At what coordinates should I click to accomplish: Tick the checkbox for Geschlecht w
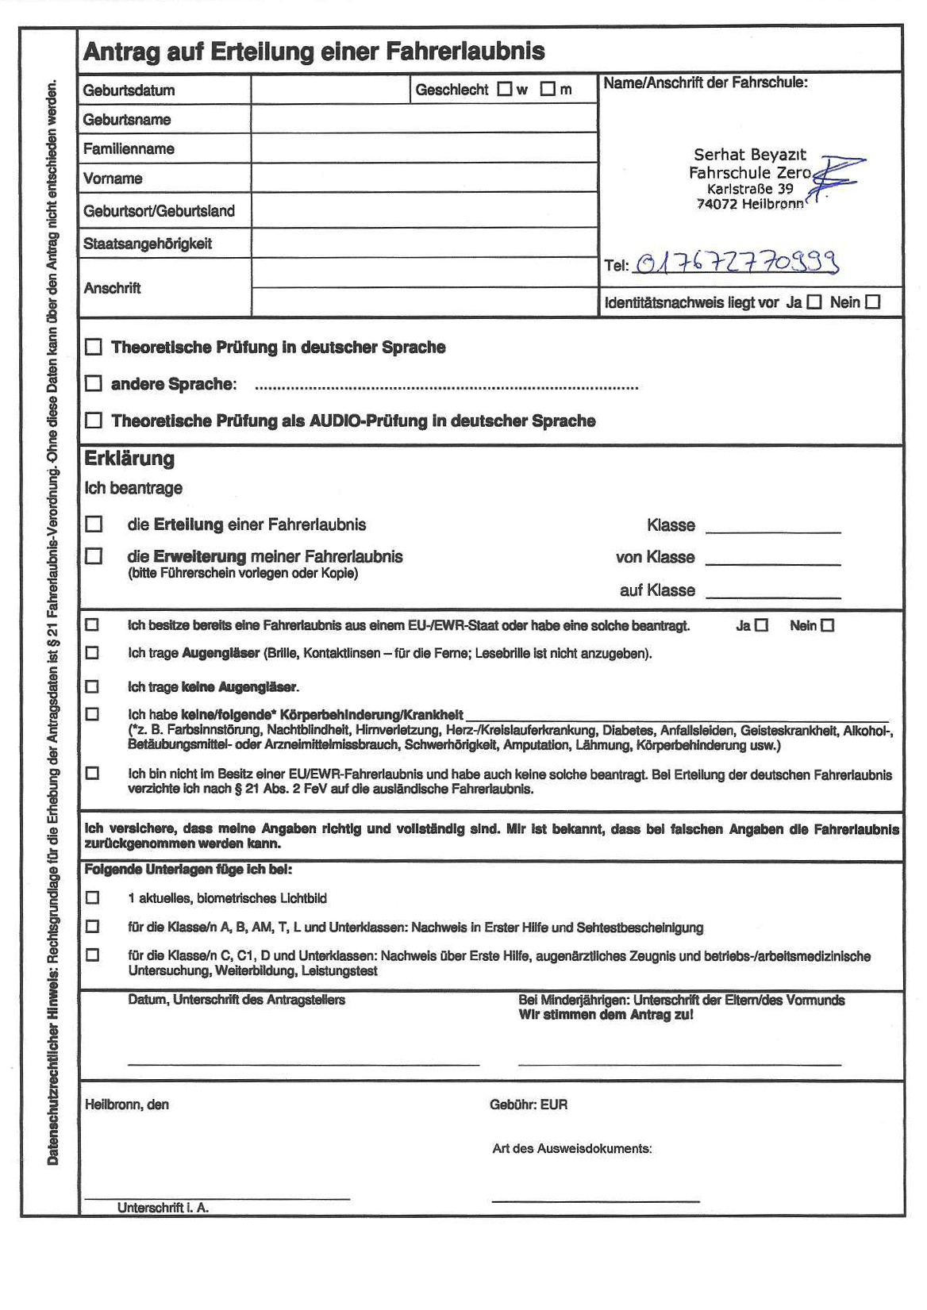coord(505,89)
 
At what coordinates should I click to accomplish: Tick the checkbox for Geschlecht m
coord(548,89)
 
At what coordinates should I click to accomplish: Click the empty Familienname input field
coord(424,148)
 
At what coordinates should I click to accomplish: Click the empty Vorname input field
coord(424,178)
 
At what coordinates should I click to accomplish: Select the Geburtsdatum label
coord(129,90)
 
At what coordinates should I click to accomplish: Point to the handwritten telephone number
coord(737,263)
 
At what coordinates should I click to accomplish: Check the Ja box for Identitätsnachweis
coord(814,302)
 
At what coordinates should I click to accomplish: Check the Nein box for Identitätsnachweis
coord(873,302)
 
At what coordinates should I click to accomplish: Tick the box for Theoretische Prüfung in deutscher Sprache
coord(94,347)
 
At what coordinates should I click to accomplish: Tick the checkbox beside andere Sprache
coord(94,384)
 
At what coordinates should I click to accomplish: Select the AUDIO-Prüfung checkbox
coord(94,421)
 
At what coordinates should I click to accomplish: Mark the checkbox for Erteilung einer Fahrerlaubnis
coord(94,524)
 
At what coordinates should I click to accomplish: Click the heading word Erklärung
coord(129,459)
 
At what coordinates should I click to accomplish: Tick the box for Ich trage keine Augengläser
coord(93,686)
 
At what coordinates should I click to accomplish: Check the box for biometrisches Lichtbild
coord(93,897)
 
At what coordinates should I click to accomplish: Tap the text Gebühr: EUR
coord(529,1104)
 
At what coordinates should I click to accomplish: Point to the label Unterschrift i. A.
coord(163,1208)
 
